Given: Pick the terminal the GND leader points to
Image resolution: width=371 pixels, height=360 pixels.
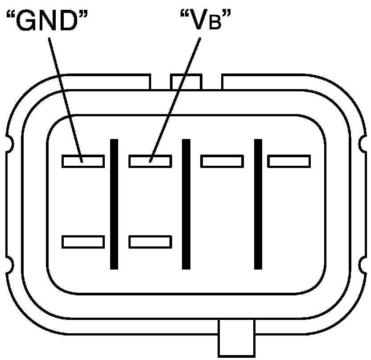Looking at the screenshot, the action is click(x=83, y=161).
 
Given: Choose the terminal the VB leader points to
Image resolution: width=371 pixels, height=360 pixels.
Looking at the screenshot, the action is click(x=150, y=161).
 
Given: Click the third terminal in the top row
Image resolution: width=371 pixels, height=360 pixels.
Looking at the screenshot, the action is click(x=222, y=161).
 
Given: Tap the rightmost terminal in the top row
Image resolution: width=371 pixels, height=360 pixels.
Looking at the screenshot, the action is click(x=289, y=161).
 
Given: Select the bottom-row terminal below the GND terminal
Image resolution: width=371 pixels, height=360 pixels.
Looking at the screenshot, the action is click(x=83, y=241).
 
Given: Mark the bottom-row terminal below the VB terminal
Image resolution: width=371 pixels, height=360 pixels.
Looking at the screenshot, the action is click(x=150, y=241).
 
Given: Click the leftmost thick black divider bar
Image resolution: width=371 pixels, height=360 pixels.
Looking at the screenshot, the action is click(x=114, y=204).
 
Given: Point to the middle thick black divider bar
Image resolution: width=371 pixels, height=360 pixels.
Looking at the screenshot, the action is click(x=186, y=204).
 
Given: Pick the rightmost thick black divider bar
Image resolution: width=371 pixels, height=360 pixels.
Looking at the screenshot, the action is click(x=258, y=204).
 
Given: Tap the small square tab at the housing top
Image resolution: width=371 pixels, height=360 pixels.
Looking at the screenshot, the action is click(x=186, y=82).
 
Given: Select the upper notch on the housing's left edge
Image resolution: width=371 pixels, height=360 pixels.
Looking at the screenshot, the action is click(x=9, y=143).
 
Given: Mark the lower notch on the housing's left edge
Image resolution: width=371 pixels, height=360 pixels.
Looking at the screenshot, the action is click(x=9, y=266).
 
